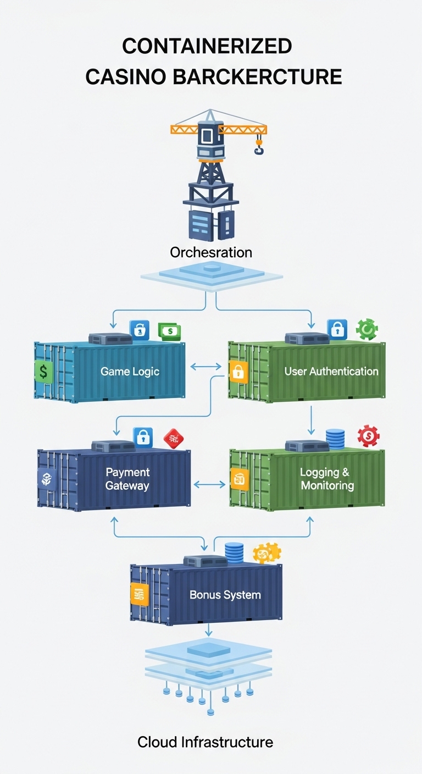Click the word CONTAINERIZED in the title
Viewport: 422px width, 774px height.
(207, 47)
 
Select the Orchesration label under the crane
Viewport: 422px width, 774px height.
(211, 252)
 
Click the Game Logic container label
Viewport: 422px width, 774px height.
(130, 372)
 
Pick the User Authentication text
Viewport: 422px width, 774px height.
(331, 372)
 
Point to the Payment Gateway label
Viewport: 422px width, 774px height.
(127, 479)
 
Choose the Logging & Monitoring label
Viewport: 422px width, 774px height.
(327, 479)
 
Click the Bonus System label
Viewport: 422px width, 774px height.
(225, 595)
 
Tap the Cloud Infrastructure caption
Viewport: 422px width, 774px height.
(205, 742)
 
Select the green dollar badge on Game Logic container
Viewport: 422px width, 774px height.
(43, 372)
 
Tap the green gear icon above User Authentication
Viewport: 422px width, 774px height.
(367, 329)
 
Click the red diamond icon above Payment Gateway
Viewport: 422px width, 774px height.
(174, 438)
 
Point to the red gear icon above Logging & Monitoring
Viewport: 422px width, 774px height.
(368, 436)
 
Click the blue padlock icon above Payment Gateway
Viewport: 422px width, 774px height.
(143, 438)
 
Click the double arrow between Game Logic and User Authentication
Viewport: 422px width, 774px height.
(206, 365)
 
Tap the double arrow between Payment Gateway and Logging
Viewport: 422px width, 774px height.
(210, 484)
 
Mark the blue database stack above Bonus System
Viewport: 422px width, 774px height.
(234, 551)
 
